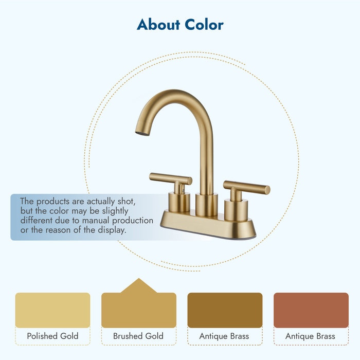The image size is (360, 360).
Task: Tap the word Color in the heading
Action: [205, 24]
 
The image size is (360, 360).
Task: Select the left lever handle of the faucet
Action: [170, 179]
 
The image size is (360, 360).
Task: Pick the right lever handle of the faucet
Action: [247, 187]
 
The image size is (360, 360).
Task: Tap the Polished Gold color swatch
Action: [52, 310]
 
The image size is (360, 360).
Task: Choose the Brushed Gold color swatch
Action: [138, 310]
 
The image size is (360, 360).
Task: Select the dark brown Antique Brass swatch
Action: [225, 310]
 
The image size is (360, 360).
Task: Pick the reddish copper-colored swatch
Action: [311, 310]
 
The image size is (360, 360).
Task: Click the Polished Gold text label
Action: [52, 336]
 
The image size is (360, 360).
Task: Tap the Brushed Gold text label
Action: [138, 336]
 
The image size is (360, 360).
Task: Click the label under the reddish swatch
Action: [311, 336]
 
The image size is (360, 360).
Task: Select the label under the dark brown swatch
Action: [225, 336]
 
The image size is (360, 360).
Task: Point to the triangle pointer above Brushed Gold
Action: [138, 285]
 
